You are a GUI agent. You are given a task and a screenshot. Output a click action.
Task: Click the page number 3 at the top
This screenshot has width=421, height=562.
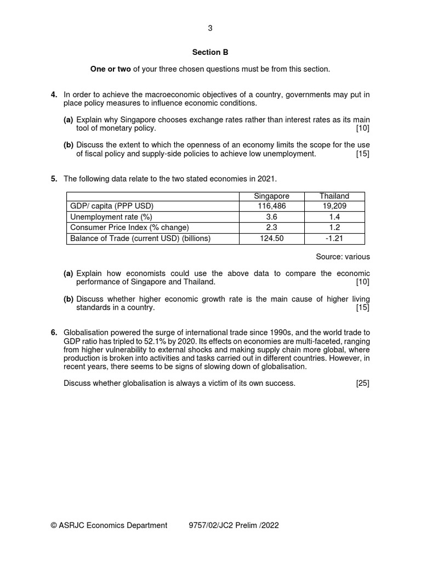210,29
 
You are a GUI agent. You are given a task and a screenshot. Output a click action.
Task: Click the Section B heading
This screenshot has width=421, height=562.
210,53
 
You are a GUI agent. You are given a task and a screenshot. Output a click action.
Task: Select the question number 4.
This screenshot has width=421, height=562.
54,95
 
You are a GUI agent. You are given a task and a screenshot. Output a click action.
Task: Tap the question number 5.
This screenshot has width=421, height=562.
54,179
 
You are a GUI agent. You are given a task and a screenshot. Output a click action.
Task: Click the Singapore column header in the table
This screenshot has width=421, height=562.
272,196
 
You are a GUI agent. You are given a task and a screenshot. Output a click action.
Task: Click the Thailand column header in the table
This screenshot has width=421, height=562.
334,196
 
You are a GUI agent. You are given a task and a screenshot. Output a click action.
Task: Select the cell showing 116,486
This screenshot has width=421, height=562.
272,206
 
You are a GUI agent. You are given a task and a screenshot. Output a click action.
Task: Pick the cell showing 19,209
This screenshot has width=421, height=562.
334,206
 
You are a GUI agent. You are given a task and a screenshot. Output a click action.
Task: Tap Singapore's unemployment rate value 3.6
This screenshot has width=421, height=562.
272,217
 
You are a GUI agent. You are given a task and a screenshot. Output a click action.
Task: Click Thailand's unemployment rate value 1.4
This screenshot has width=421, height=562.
334,217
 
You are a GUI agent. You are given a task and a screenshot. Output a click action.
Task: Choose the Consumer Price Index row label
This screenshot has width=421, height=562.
129,228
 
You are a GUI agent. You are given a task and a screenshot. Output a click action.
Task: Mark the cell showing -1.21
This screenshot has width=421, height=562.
334,238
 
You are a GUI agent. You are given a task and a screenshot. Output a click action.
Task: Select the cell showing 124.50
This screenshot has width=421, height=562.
272,238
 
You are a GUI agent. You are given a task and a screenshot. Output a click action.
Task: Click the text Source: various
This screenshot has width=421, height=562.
343,256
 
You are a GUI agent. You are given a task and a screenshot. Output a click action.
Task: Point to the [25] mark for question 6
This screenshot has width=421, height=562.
362,383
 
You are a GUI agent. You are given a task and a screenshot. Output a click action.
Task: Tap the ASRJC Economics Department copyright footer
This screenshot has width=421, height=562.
109,525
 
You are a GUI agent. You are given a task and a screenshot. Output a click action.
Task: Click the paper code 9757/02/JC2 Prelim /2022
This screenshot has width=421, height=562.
234,525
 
